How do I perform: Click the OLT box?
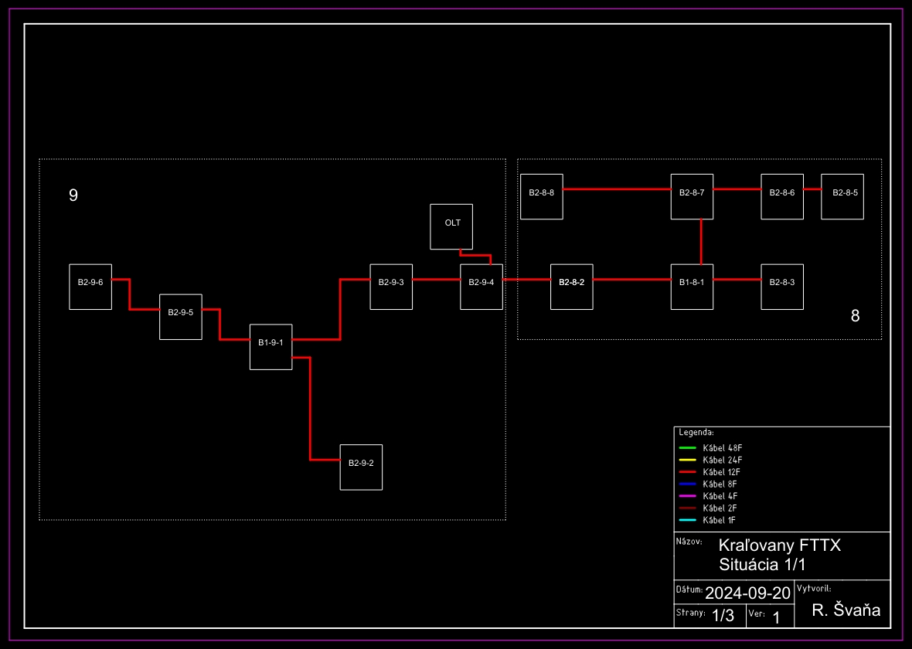(x=451, y=226)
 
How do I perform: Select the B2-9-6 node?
(x=90, y=287)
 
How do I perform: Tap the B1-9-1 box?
(x=271, y=346)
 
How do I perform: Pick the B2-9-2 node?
(x=361, y=467)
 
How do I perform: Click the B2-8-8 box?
(x=542, y=196)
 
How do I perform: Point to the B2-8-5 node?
(x=842, y=196)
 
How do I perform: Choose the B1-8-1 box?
(x=692, y=287)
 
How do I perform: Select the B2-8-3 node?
(x=782, y=287)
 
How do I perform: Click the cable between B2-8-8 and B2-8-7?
(x=617, y=189)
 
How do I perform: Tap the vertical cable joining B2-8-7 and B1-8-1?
(x=701, y=242)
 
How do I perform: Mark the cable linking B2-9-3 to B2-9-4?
(x=437, y=280)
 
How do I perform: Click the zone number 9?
(x=73, y=195)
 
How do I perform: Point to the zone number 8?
(x=855, y=315)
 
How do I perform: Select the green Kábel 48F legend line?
(x=688, y=448)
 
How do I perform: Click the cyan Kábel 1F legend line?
(x=688, y=520)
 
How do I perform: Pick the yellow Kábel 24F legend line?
(x=688, y=460)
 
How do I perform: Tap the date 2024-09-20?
(x=748, y=593)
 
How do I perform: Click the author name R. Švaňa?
(x=846, y=610)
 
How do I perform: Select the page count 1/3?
(x=723, y=616)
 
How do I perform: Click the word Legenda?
(x=696, y=433)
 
